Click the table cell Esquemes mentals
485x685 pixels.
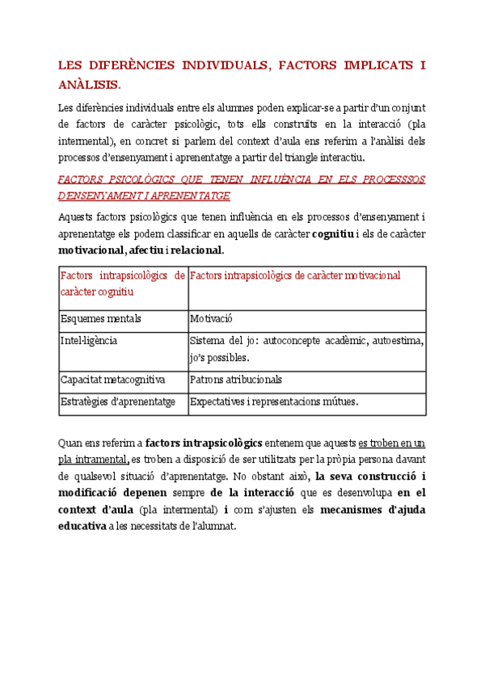click(x=101, y=319)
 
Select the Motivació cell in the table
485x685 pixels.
click(x=212, y=319)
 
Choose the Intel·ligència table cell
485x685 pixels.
click(x=89, y=340)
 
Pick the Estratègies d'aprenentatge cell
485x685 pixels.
click(x=117, y=401)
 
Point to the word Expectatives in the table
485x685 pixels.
click(x=220, y=401)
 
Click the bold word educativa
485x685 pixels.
click(x=82, y=526)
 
